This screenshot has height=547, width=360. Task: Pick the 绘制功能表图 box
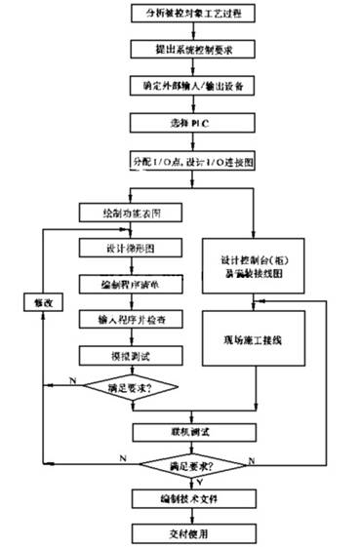click(x=127, y=212)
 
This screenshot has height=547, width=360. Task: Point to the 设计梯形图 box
click(x=127, y=247)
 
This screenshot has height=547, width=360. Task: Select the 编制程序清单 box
click(x=127, y=283)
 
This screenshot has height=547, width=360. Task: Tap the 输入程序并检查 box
click(x=127, y=319)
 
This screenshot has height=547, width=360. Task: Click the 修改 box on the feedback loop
click(x=33, y=303)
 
